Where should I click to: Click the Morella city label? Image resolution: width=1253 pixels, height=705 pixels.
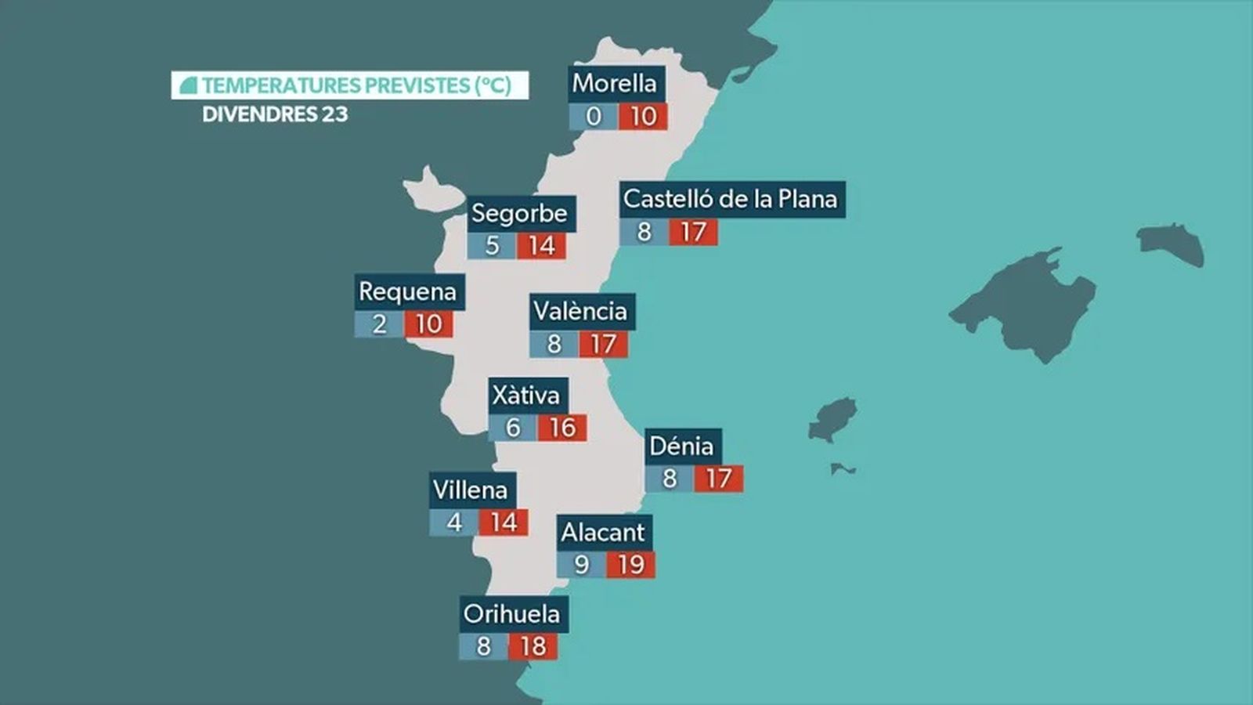(615, 83)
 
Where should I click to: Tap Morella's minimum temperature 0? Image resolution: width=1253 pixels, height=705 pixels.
(594, 117)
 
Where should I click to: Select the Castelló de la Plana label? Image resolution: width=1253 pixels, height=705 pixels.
(731, 199)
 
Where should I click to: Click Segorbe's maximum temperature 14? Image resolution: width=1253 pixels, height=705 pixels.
(541, 246)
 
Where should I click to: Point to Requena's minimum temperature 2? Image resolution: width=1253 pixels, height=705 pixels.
(379, 324)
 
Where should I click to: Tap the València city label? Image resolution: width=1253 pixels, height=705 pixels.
(580, 311)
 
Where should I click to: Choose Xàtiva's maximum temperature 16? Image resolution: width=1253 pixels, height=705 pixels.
(562, 428)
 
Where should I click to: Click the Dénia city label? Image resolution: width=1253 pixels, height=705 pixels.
(682, 446)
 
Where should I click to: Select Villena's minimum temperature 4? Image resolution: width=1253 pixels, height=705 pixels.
(454, 522)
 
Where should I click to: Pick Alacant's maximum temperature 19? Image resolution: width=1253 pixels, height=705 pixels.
(630, 565)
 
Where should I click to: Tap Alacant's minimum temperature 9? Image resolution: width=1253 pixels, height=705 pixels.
(581, 565)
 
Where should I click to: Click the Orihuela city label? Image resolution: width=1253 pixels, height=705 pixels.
(512, 613)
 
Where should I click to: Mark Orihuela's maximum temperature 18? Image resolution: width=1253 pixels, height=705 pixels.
(533, 647)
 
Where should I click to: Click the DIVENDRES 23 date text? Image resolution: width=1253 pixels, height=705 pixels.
(275, 114)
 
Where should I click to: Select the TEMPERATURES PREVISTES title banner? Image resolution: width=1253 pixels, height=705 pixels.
(350, 85)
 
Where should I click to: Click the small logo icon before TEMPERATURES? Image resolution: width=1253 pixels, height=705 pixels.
(188, 85)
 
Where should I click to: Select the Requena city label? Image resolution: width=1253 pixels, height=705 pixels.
(408, 291)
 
